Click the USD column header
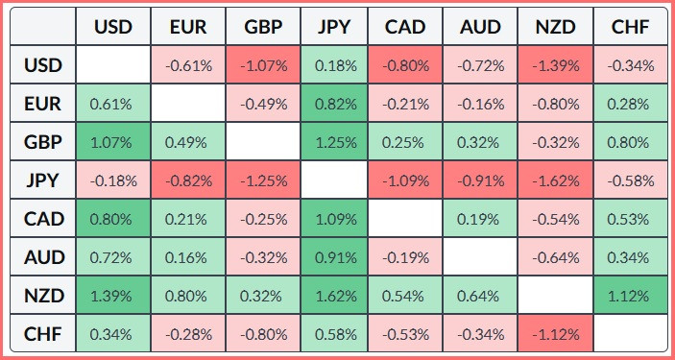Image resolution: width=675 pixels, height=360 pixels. pos(113,27)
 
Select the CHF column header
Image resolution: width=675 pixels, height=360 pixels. pos(630,27)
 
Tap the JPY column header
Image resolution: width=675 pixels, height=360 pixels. pos(334,27)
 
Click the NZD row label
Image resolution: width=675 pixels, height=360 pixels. pos(43,296)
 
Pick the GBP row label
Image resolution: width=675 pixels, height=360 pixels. pos(43,142)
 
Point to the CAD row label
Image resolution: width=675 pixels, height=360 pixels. pos(43,219)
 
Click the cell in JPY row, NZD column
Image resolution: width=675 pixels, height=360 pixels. pos(556,180)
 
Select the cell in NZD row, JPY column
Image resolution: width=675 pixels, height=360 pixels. pos(334,296)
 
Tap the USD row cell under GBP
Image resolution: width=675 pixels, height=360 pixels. pos(263,65)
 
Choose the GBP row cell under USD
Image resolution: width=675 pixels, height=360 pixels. pos(113,142)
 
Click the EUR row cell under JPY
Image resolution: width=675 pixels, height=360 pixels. pos(334,104)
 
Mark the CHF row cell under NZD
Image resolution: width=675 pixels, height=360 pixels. pos(556,334)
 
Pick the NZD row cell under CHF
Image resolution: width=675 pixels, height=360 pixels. pos(630,296)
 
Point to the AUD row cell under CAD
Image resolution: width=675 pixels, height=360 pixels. pos(405,257)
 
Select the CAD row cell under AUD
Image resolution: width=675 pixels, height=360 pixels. pos(480,219)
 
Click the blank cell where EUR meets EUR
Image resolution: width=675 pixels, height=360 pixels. pos(188,104)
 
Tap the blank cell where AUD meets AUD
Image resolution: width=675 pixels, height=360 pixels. pos(480,257)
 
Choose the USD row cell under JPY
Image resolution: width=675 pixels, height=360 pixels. pos(334,65)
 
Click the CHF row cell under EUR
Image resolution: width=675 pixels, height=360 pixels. pos(188,334)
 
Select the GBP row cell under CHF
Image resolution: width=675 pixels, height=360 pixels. pos(630,142)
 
